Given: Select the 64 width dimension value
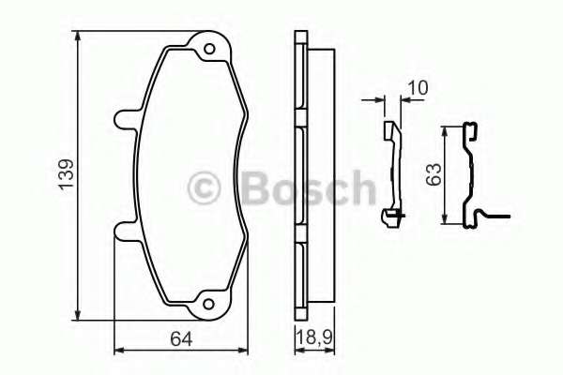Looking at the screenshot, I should (x=182, y=338).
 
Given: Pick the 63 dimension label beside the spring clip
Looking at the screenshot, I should (x=432, y=174).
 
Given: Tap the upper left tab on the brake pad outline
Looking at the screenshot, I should (x=125, y=119).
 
